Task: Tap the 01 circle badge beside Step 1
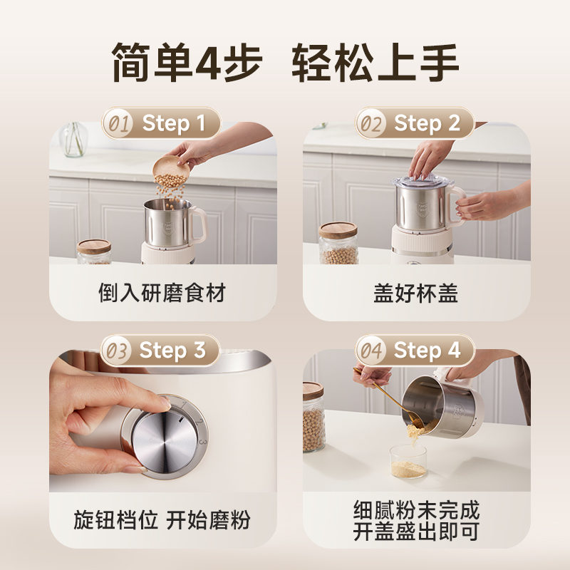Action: pyautogui.click(x=118, y=123)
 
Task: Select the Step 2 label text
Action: pyautogui.click(x=427, y=123)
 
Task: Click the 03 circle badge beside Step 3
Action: pyautogui.click(x=117, y=351)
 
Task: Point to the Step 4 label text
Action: pyautogui.click(x=427, y=351)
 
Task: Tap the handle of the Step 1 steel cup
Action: pyautogui.click(x=198, y=224)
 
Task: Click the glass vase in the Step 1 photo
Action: pyautogui.click(x=73, y=139)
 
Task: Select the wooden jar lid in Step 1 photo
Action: pyautogui.click(x=94, y=246)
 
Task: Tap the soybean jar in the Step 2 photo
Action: pyautogui.click(x=338, y=243)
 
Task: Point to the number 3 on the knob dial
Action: pyautogui.click(x=203, y=442)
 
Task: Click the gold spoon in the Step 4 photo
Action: pyautogui.click(x=388, y=396)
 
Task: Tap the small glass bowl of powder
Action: pyautogui.click(x=408, y=461)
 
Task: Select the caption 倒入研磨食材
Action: pyautogui.click(x=162, y=293)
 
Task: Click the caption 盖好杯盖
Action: pyautogui.click(x=416, y=293)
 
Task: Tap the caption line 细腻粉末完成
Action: pyautogui.click(x=416, y=510)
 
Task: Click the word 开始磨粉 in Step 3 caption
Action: pyautogui.click(x=208, y=520)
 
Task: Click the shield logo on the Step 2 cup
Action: pyautogui.click(x=422, y=209)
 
